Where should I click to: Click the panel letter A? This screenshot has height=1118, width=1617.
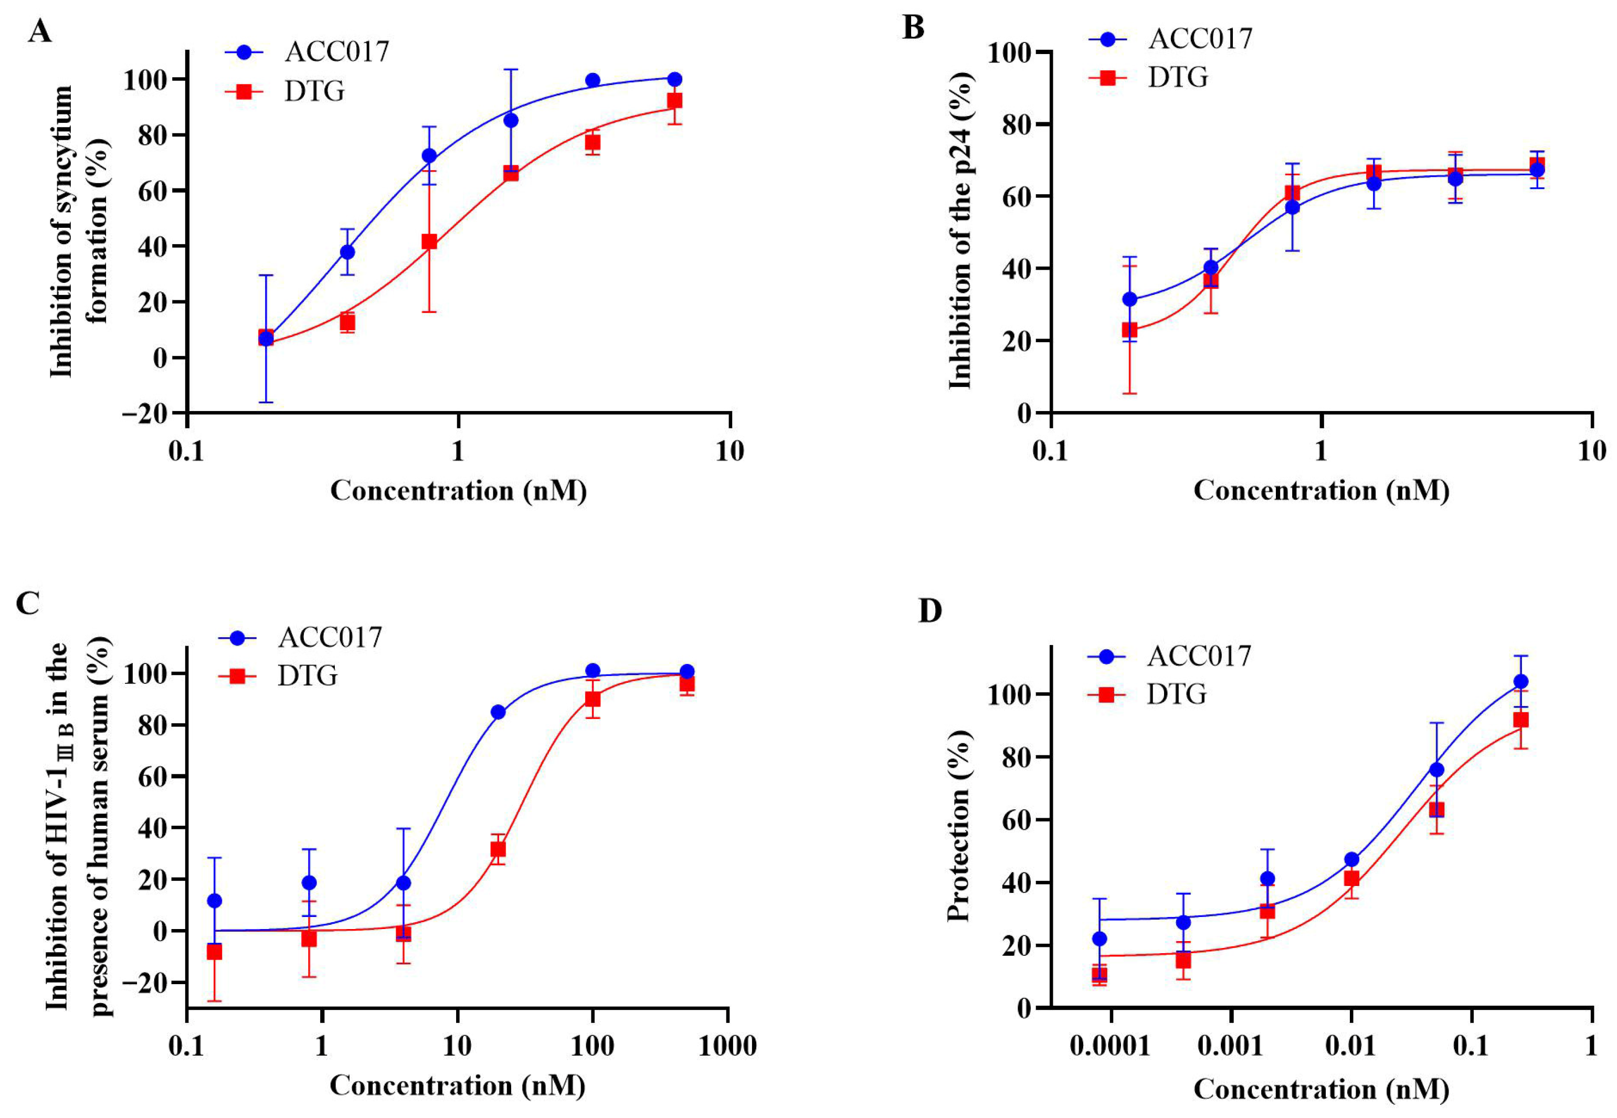39,32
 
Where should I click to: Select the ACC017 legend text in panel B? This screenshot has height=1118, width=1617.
1200,38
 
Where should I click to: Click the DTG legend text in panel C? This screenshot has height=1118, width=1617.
308,676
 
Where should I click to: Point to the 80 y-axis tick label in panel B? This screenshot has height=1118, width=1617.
1008,125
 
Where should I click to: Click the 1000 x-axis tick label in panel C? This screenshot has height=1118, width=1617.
727,1047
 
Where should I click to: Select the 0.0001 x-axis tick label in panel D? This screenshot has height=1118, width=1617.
1110,1047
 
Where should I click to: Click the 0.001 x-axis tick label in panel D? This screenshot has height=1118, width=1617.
1230,1047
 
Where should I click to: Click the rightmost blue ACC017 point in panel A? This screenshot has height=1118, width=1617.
674,79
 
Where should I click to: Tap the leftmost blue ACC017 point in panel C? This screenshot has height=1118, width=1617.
214,900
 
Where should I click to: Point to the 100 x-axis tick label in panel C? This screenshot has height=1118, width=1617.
593,1047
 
